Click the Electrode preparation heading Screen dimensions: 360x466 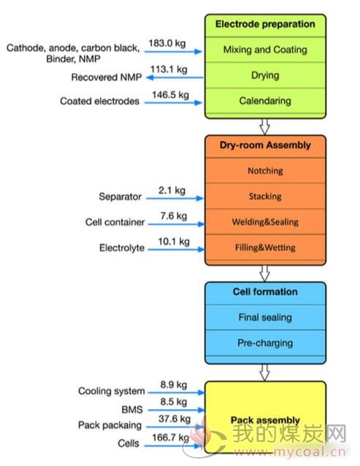click(265, 24)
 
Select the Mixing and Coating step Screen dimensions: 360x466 click(265, 50)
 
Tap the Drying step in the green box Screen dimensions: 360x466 click(265, 75)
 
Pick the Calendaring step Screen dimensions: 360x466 click(265, 101)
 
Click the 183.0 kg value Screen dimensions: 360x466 click(167, 43)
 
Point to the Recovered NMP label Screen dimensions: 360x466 click(107, 77)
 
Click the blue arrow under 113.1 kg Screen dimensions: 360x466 click(175, 77)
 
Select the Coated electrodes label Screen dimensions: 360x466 click(99, 101)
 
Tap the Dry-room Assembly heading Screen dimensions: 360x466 click(265, 145)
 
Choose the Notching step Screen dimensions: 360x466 click(265, 171)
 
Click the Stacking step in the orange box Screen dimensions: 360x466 click(265, 196)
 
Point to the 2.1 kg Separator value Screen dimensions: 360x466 click(172, 190)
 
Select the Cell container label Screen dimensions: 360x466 click(115, 222)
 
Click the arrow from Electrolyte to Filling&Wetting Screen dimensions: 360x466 click(176, 249)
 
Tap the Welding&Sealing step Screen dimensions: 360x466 click(265, 222)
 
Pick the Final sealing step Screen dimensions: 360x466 click(265, 318)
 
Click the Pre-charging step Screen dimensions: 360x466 click(265, 343)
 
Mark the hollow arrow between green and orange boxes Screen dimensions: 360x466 click(264, 126)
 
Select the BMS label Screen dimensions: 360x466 click(132, 410)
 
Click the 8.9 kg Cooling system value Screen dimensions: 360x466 click(174, 385)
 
